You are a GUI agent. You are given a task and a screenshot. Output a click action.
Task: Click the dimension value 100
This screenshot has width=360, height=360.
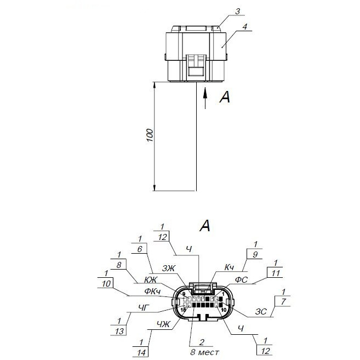point(150,135)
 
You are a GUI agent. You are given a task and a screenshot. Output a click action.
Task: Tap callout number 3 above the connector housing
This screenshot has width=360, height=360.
point(238,12)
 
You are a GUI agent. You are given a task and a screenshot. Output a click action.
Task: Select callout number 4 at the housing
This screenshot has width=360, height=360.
point(245,27)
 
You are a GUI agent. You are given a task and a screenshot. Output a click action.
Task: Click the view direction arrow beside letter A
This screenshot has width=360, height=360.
point(205,98)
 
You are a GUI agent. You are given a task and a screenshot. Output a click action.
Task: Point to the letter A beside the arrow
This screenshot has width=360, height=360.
point(225,97)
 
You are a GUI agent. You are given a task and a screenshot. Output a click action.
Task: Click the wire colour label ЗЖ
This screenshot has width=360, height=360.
point(169,268)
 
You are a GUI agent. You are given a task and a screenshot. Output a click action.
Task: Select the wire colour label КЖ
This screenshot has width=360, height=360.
point(151,279)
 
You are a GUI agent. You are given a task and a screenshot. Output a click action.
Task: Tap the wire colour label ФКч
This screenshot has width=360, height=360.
point(152,292)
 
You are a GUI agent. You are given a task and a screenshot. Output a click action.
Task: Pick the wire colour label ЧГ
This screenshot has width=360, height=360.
point(145,307)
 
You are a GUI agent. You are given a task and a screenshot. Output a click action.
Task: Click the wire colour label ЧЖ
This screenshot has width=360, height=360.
point(163,324)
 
